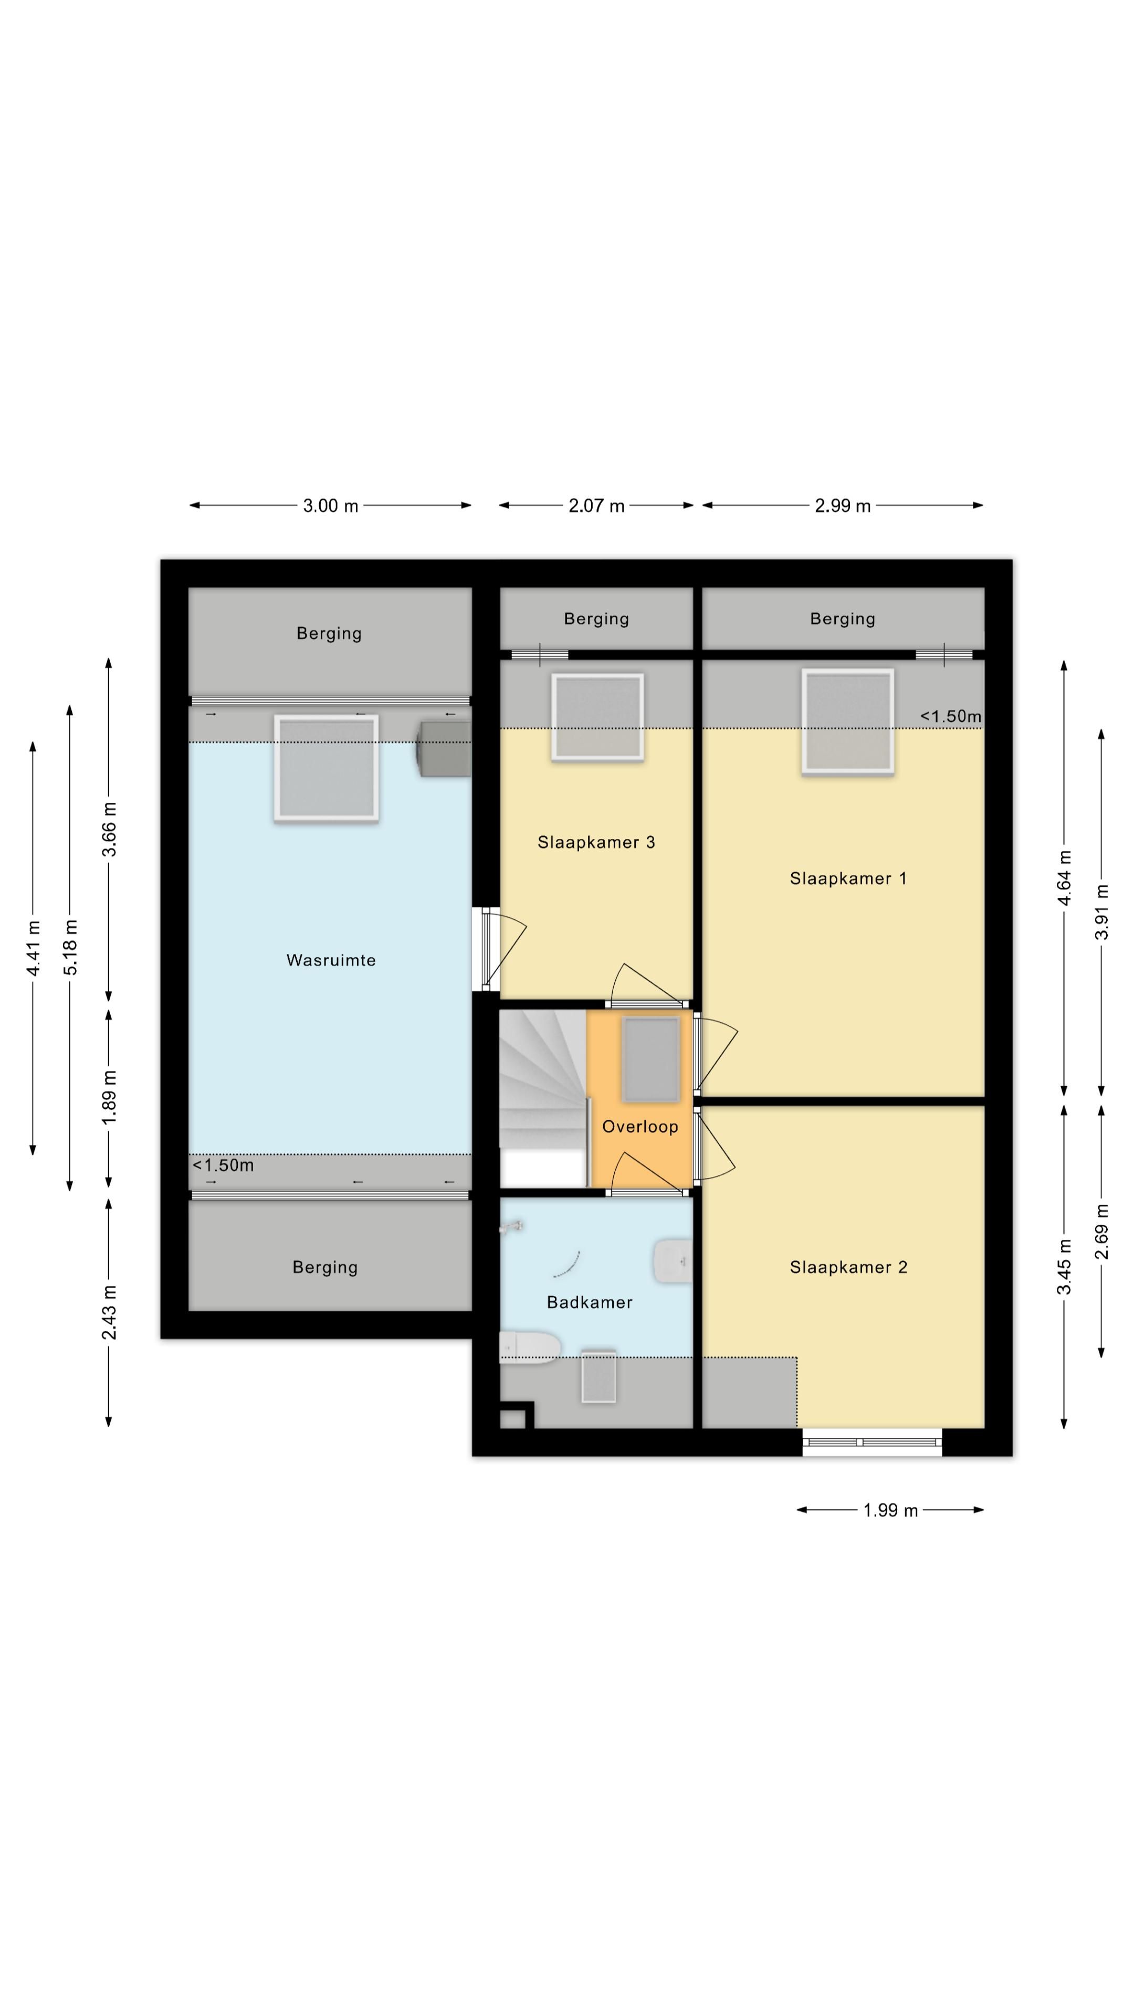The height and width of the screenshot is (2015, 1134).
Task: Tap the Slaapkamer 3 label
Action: [596, 842]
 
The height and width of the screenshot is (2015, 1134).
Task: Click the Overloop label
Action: [640, 1127]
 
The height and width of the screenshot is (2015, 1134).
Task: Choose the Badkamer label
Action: [589, 1302]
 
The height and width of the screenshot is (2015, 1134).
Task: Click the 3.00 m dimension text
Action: [330, 506]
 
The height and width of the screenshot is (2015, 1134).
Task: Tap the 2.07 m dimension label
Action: [596, 506]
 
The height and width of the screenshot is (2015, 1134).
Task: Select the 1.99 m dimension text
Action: [890, 1511]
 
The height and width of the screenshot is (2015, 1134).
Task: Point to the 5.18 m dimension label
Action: [70, 947]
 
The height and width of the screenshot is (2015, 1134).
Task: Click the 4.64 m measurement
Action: [1064, 878]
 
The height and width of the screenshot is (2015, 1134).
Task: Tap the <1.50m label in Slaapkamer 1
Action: [950, 716]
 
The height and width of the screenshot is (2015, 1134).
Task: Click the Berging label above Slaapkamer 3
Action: [596, 619]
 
